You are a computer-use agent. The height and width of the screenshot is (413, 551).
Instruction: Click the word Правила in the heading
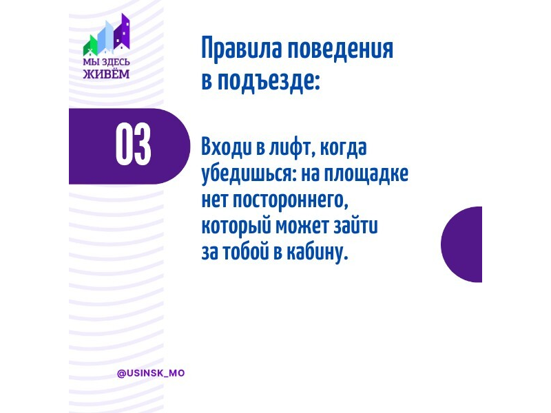(242, 50)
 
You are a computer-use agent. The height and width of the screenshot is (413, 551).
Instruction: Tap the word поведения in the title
(340, 50)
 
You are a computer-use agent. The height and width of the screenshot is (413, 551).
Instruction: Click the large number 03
(133, 145)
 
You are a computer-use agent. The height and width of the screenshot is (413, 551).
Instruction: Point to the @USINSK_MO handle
(151, 373)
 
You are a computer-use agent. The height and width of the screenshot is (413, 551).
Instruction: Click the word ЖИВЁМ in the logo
(106, 74)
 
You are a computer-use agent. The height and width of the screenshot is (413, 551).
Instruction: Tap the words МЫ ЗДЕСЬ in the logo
(106, 62)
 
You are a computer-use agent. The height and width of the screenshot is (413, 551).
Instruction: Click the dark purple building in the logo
(122, 32)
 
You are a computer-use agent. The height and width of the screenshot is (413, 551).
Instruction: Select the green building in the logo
(90, 45)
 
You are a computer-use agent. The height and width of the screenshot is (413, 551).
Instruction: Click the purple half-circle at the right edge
(461, 244)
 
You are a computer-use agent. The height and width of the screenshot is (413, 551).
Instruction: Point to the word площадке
(366, 174)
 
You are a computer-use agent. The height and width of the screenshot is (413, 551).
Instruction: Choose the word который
(236, 226)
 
